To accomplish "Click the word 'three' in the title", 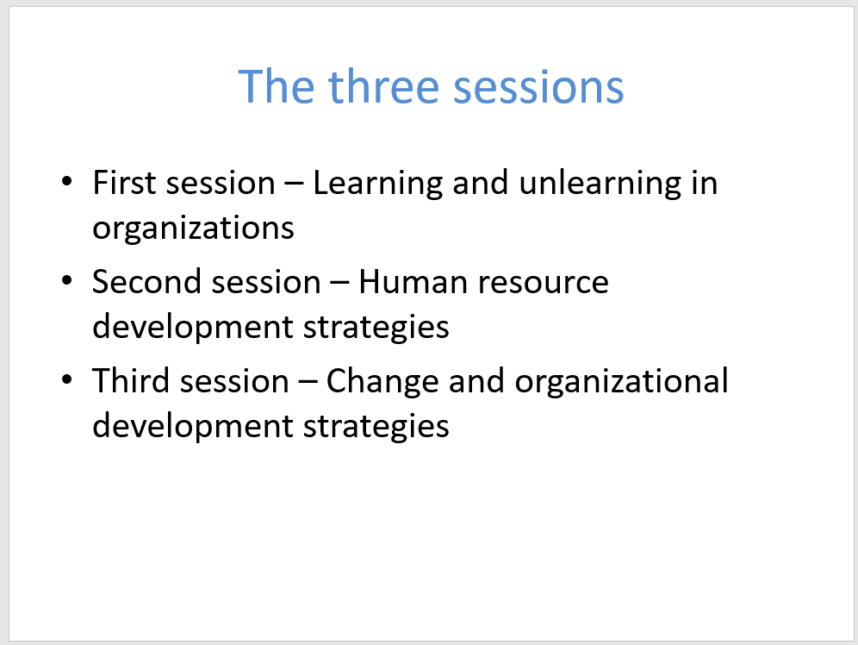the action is pyautogui.click(x=384, y=86).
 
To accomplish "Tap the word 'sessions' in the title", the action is pyautogui.click(x=539, y=88).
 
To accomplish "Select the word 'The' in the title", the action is pyautogui.click(x=277, y=86).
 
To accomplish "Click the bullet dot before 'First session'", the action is pyautogui.click(x=66, y=181).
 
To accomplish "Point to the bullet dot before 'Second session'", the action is pyautogui.click(x=66, y=280).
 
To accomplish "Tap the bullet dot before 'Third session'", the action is pyautogui.click(x=66, y=379).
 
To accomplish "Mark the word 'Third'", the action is pyautogui.click(x=131, y=380).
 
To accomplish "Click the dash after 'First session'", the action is pyautogui.click(x=294, y=184).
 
